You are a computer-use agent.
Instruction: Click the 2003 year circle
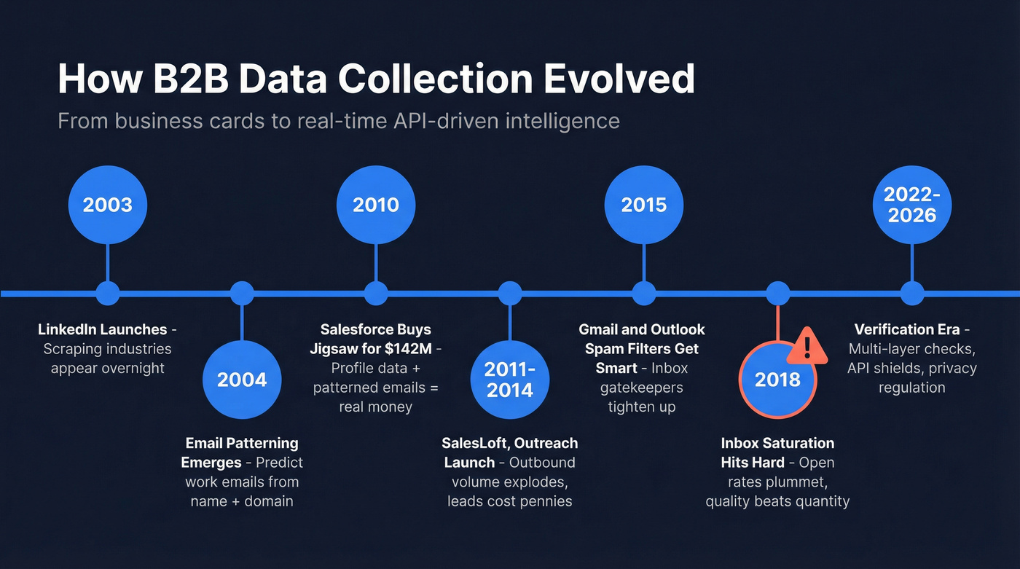(108, 205)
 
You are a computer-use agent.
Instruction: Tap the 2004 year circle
(242, 379)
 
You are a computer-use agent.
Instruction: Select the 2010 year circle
(376, 205)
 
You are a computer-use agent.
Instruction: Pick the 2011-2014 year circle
(510, 379)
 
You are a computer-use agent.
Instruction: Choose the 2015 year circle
(644, 205)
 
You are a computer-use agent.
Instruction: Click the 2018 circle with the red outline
(777, 379)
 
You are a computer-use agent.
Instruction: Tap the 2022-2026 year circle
(912, 205)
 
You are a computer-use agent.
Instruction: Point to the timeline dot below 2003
(108, 294)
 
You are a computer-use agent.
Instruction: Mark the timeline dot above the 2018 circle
(778, 294)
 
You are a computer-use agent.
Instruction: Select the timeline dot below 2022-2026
(912, 294)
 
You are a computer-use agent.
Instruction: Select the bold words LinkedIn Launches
(103, 330)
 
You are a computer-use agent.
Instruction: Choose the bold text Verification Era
(907, 330)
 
